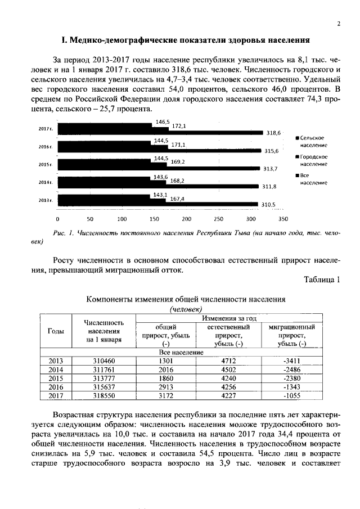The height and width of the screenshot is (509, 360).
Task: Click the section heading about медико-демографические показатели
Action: pyautogui.click(x=186, y=41)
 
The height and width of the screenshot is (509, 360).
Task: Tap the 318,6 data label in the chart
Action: pyautogui.click(x=273, y=133)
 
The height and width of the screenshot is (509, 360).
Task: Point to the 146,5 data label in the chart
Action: pyautogui.click(x=163, y=122)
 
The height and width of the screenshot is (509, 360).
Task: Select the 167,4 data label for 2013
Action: pyautogui.click(x=177, y=199)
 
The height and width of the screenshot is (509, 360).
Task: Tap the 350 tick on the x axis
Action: pyautogui.click(x=283, y=219)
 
